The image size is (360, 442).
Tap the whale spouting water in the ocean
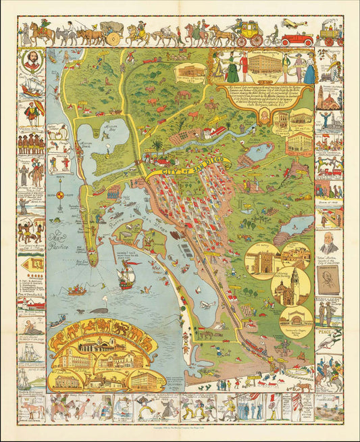pyautogui.click(x=99, y=310)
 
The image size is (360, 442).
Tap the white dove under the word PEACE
pyautogui.click(x=328, y=343)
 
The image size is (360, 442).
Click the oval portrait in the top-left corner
pyautogui.click(x=34, y=62)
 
